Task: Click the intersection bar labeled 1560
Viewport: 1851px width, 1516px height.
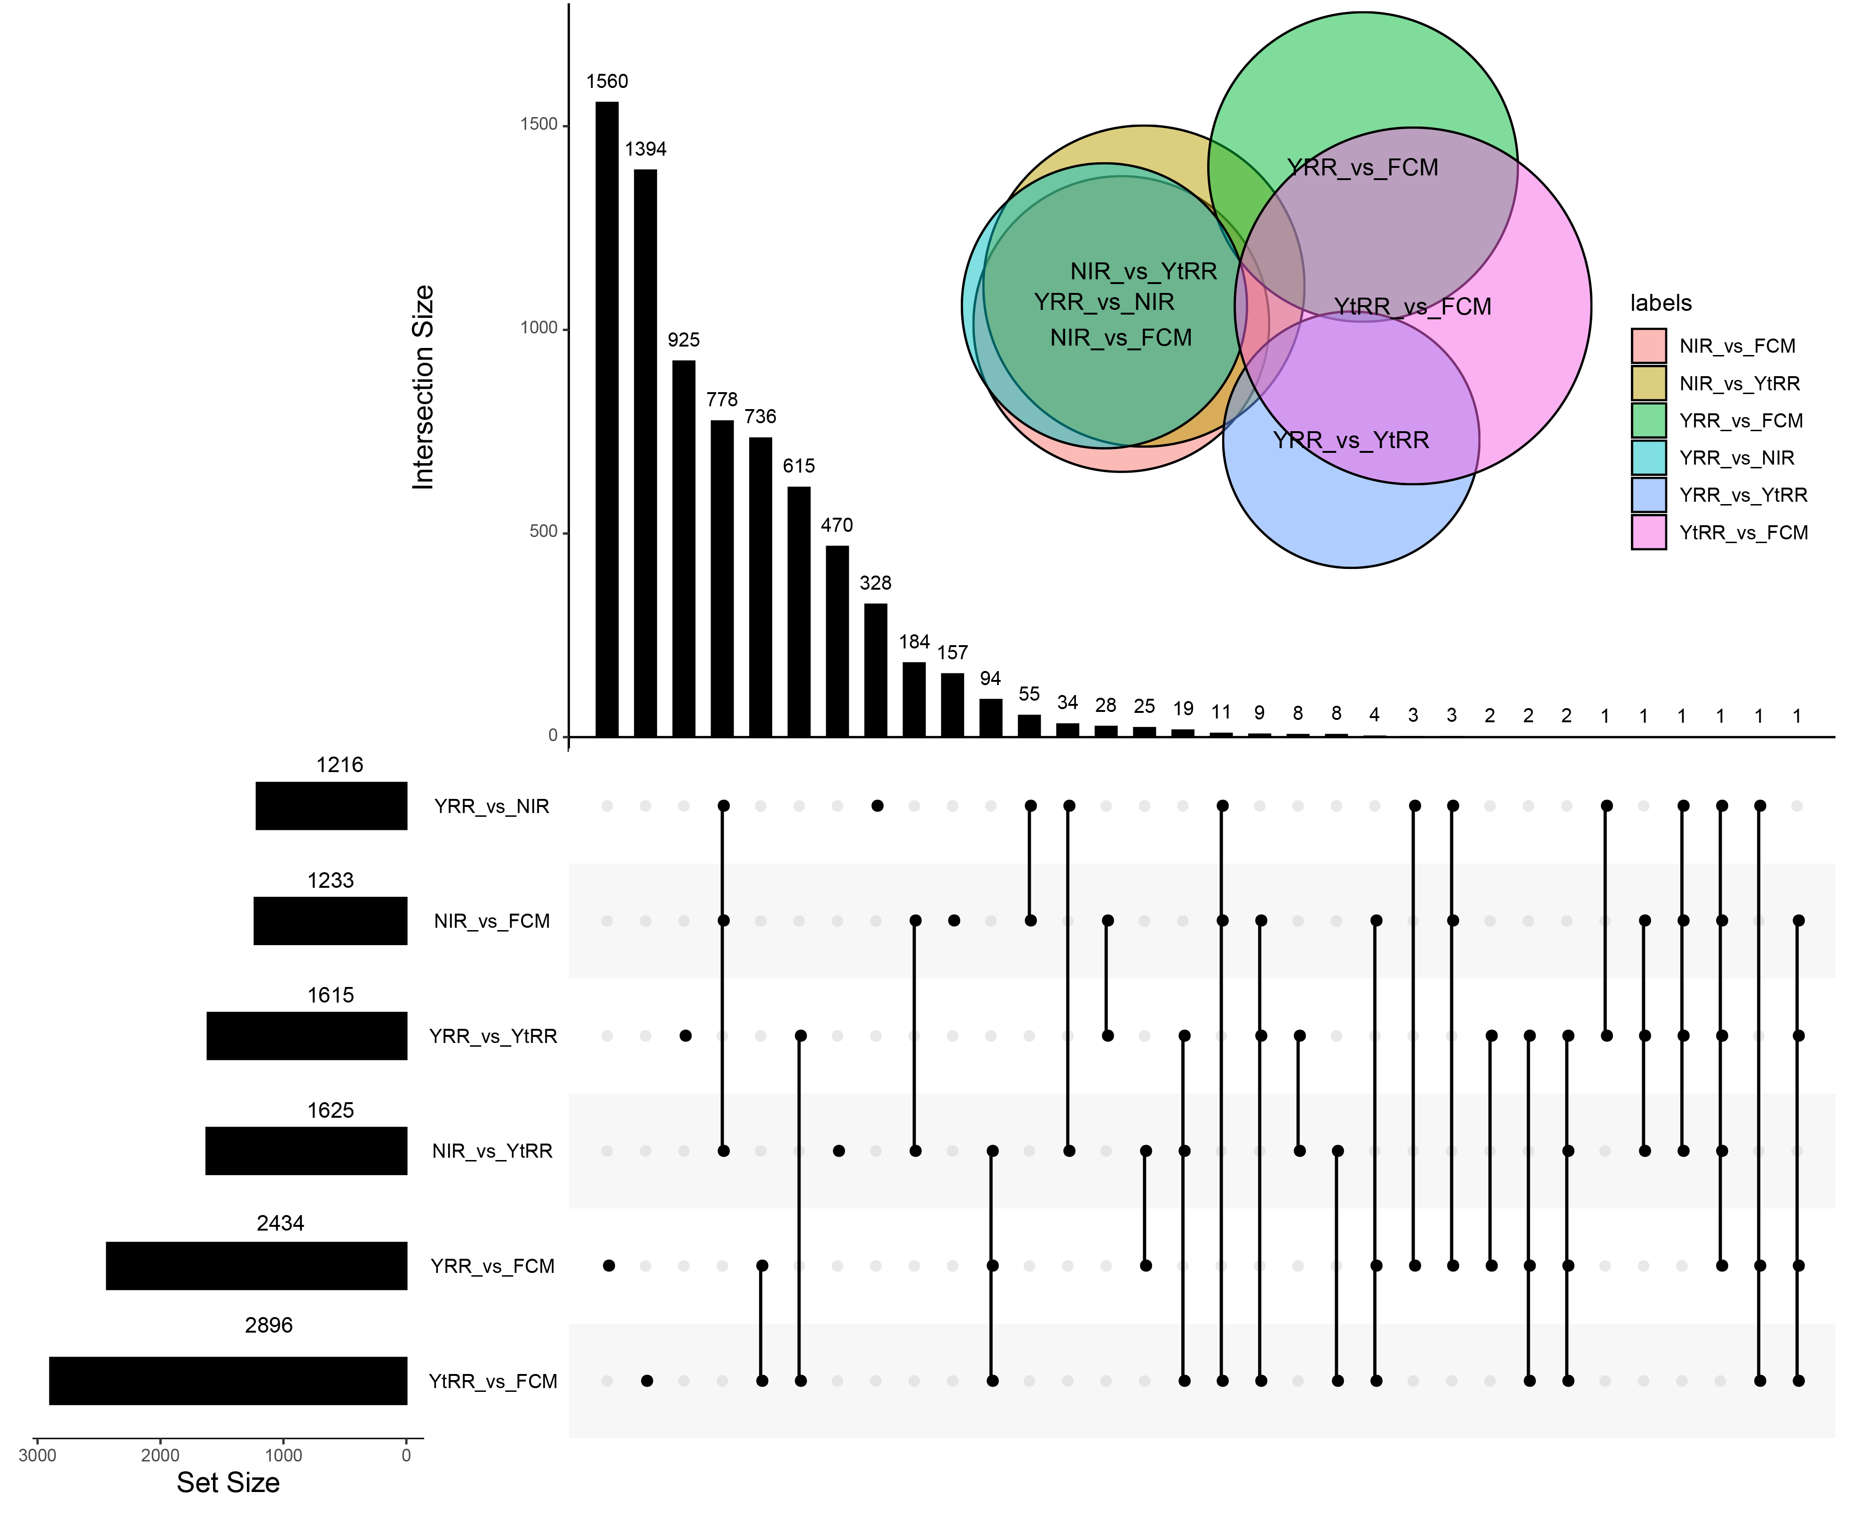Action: click(x=607, y=419)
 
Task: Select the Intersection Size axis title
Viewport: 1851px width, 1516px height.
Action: click(x=423, y=387)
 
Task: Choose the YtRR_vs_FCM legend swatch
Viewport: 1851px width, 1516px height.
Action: click(x=1648, y=532)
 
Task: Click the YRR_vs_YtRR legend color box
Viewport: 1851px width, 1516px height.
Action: click(x=1648, y=494)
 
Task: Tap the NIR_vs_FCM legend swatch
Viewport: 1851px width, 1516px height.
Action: click(x=1648, y=346)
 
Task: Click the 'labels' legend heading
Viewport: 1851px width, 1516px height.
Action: click(x=1661, y=303)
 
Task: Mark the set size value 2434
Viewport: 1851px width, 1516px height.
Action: click(x=280, y=1224)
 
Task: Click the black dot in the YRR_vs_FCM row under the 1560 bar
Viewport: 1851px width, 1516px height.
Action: click(x=609, y=1265)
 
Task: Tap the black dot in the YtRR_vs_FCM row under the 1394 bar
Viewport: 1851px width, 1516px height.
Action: click(x=647, y=1381)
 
